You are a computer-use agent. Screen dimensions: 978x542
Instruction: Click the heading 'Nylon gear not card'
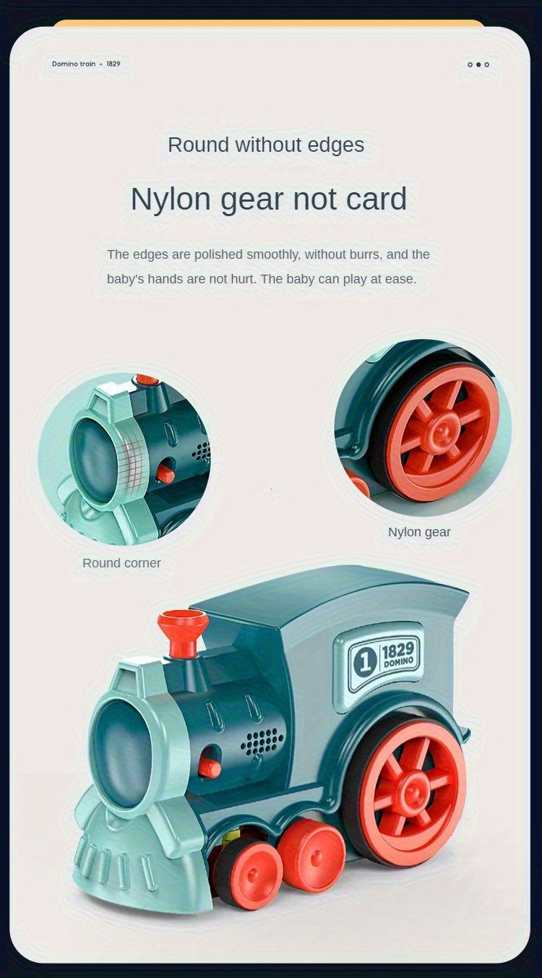269,199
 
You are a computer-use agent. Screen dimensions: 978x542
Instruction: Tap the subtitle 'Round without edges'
266,145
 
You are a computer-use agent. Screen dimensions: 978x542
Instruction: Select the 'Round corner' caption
121,563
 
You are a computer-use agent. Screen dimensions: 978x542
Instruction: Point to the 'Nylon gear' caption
419,532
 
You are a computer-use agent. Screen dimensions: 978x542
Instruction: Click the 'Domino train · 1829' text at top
86,64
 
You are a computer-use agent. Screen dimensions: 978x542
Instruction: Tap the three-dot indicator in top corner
478,64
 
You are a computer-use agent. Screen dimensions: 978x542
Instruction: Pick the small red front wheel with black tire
247,872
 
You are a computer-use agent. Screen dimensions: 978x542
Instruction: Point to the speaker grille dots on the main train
262,740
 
